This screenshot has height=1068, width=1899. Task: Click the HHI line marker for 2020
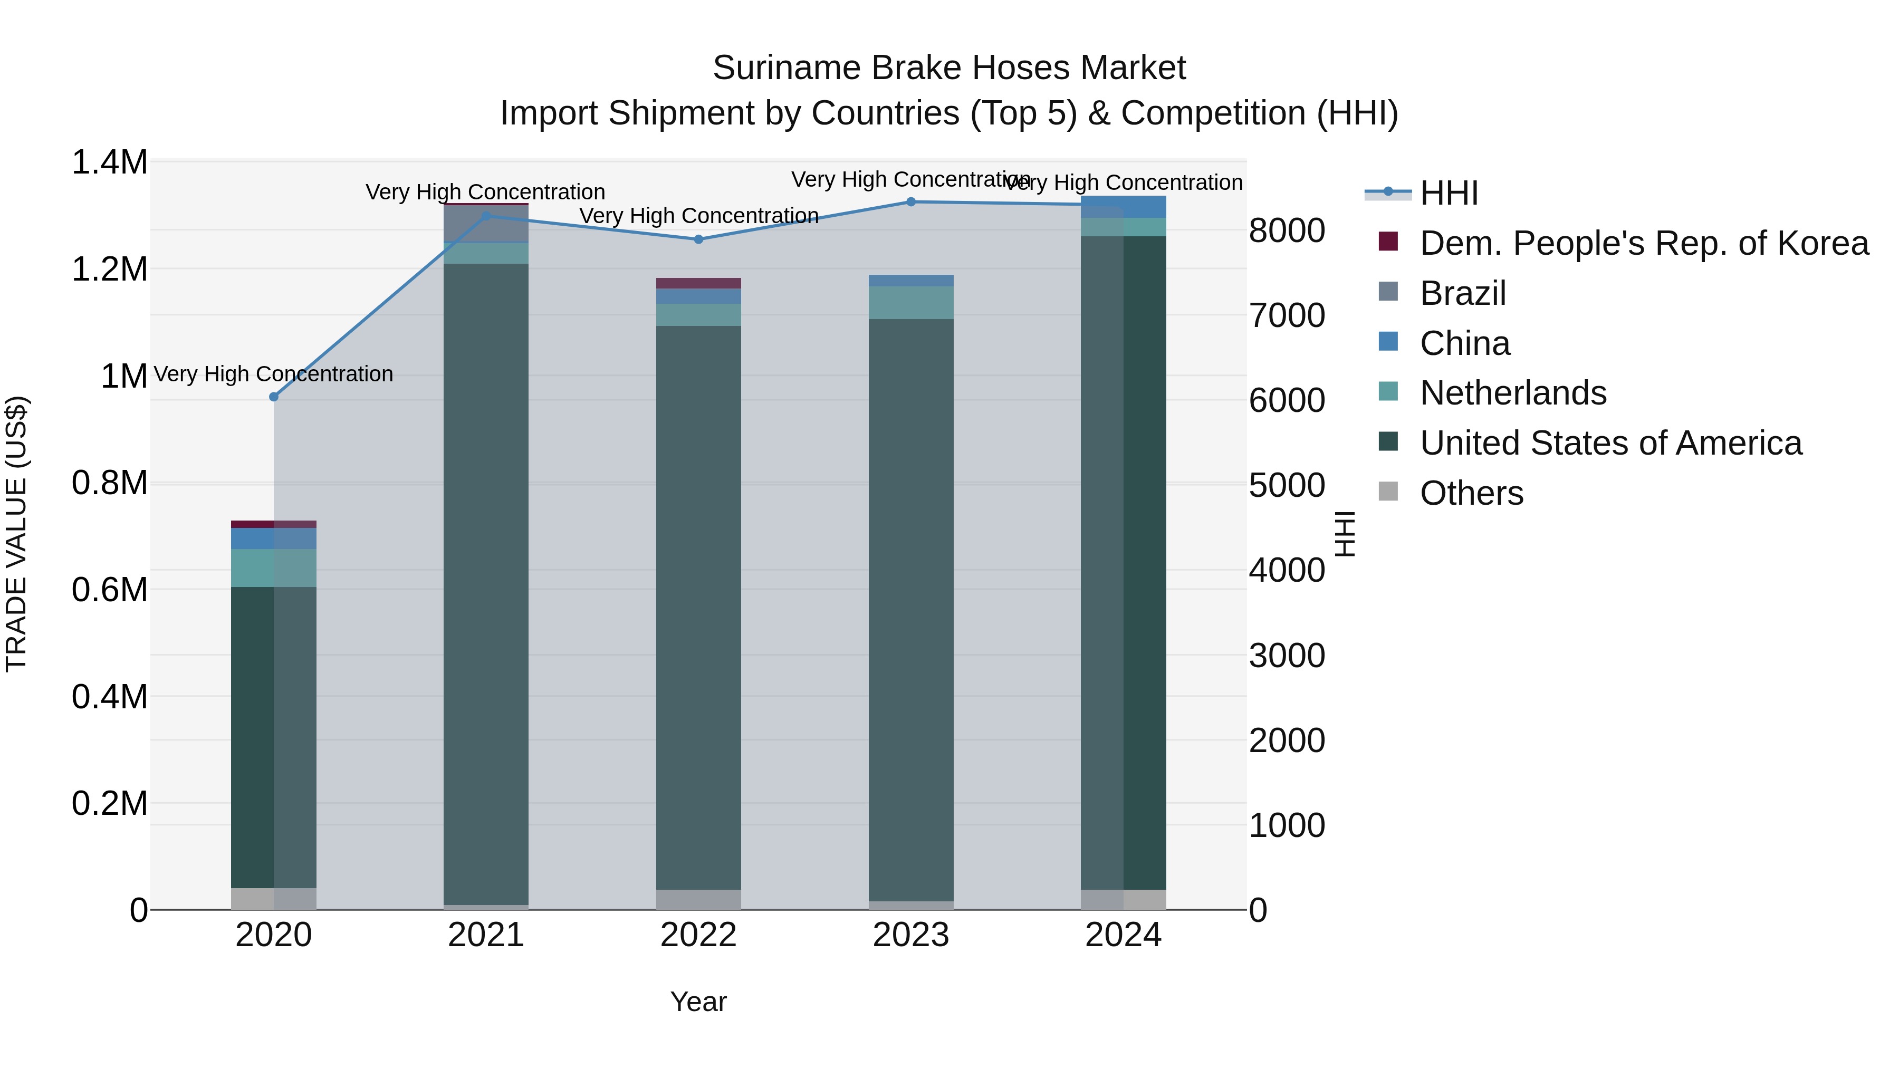click(273, 397)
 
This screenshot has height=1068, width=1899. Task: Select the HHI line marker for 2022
click(698, 239)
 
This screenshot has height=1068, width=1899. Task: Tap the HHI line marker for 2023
click(910, 201)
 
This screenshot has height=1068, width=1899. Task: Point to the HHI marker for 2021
click(486, 216)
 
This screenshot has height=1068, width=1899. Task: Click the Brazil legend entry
click(1463, 293)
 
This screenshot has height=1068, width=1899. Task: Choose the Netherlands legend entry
click(1513, 393)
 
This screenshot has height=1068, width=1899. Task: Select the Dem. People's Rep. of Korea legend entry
click(1643, 243)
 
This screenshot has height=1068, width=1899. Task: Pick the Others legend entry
click(1471, 493)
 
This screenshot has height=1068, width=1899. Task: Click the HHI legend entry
click(1449, 193)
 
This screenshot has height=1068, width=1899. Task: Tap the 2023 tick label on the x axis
click(910, 935)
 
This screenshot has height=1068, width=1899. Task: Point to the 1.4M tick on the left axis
click(109, 162)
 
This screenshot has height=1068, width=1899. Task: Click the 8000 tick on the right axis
click(1287, 230)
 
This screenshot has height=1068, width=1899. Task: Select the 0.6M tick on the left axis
click(109, 590)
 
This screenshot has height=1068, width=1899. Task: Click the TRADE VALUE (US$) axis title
click(16, 534)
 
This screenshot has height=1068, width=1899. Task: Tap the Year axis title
click(698, 1002)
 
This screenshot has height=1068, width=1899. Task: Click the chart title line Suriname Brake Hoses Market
click(949, 68)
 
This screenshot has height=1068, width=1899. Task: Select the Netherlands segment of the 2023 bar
click(910, 302)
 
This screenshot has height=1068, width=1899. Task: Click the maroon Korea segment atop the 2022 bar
click(698, 283)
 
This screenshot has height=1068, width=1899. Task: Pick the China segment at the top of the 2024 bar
click(1123, 206)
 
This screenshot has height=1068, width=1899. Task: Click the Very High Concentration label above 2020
click(273, 374)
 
